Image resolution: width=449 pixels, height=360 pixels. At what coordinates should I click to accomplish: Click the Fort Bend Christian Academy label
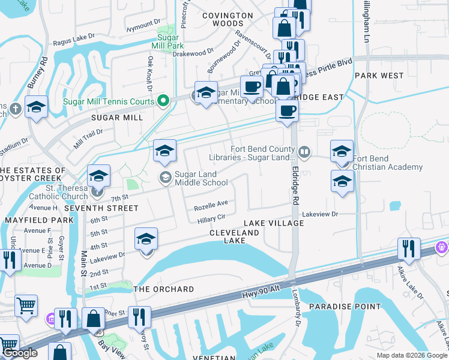click(x=387, y=163)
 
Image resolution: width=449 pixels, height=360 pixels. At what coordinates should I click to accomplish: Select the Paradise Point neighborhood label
click(x=345, y=307)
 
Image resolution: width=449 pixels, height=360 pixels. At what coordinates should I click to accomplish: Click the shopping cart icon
click(x=26, y=305)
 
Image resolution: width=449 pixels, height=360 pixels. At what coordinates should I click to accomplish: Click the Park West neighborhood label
click(x=379, y=76)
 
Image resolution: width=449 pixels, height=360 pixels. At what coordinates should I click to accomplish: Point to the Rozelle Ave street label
click(x=211, y=206)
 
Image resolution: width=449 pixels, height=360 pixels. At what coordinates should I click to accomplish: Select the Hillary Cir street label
click(x=211, y=219)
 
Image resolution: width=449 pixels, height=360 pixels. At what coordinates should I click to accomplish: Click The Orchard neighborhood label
click(x=163, y=289)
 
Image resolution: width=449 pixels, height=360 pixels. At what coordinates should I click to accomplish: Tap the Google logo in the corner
click(x=20, y=353)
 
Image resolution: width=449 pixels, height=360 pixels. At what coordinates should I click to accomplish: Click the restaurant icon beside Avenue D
click(x=9, y=259)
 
